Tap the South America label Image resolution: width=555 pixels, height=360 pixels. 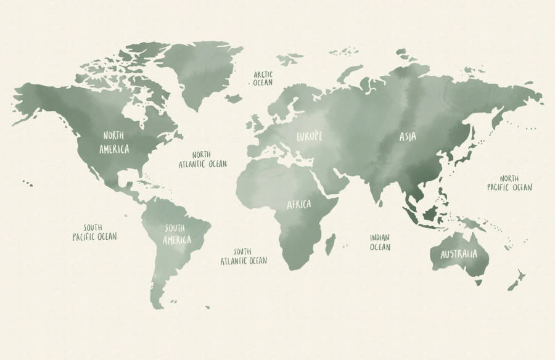(177, 234)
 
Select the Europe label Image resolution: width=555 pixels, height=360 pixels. (309, 136)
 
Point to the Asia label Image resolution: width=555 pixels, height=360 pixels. (407, 137)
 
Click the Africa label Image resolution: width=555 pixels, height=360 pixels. (298, 204)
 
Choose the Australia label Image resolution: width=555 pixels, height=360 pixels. (458, 254)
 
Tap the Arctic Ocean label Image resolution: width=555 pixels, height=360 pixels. (263, 78)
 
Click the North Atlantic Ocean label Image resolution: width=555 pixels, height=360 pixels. (202, 160)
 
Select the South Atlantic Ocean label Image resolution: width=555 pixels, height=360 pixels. (244, 256)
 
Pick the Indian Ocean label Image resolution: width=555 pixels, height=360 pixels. (380, 242)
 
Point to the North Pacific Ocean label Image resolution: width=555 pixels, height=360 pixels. (509, 182)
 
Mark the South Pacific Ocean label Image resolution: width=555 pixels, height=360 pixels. (94, 232)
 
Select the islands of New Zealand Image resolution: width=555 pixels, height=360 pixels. (516, 279)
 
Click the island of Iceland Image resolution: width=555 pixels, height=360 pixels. (233, 98)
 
